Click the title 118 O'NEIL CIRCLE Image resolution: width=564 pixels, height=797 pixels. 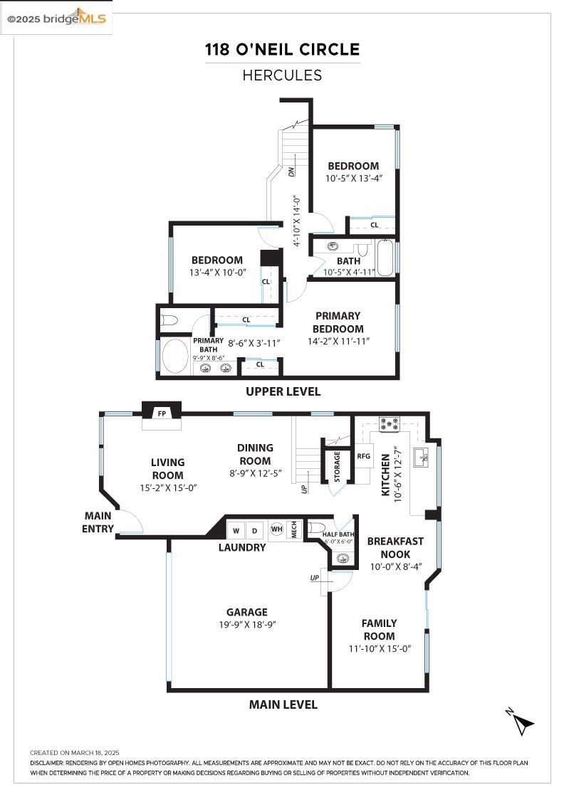[x=282, y=50]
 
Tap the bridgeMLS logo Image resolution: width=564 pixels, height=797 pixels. [x=56, y=19]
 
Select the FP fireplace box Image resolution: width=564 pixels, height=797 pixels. [x=162, y=413]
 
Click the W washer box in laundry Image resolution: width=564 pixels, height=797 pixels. [x=236, y=530]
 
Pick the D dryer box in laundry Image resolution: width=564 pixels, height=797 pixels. [x=254, y=530]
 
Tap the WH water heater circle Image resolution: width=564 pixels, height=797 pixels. [x=276, y=529]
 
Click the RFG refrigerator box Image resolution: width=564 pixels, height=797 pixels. [x=363, y=456]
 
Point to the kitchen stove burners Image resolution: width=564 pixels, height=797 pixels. [x=389, y=425]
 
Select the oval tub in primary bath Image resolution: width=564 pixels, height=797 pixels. [x=174, y=356]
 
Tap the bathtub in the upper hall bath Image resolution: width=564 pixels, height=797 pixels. [x=385, y=258]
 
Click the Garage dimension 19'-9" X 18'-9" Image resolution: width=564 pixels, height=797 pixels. [x=247, y=625]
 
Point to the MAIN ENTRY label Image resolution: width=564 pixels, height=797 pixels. [x=98, y=522]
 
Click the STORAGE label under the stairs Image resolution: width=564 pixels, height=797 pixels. [x=337, y=465]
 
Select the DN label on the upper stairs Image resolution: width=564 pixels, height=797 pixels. [x=291, y=171]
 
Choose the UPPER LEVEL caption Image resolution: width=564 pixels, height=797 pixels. [x=283, y=391]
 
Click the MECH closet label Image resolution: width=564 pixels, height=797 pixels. [x=293, y=529]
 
